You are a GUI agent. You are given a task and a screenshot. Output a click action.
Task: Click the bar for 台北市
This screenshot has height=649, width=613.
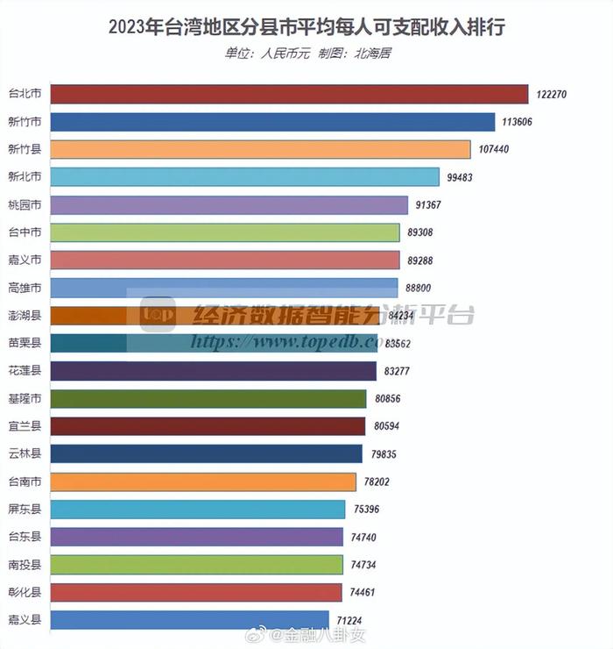point(289,95)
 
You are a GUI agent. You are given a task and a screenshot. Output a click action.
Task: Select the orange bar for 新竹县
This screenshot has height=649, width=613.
point(260,149)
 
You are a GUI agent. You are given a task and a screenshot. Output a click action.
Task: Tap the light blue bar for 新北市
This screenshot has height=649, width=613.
point(245,177)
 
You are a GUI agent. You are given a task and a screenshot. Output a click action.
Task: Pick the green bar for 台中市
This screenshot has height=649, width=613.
point(225,232)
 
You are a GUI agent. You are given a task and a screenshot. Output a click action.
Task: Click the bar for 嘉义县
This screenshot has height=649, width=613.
point(189,620)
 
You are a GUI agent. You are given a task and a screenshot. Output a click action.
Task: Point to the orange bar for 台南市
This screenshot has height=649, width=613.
point(203,481)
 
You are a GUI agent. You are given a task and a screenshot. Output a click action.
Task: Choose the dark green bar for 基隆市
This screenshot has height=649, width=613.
point(208,399)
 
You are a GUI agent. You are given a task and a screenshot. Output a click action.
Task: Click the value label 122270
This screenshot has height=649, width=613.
point(554,95)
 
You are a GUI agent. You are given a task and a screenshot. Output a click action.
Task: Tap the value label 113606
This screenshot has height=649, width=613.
point(520,122)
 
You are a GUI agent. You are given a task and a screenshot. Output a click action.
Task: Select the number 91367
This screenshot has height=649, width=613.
point(433,205)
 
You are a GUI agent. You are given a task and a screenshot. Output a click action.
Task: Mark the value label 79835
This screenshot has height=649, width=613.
point(387,454)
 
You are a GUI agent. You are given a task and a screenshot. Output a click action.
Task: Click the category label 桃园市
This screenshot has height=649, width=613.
point(24,204)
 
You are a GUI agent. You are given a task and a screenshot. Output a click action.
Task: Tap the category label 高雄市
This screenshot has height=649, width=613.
point(24,288)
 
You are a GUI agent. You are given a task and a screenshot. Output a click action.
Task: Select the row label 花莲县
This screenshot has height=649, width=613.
point(24,371)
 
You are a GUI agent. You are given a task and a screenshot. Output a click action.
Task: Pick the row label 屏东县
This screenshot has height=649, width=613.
point(24,510)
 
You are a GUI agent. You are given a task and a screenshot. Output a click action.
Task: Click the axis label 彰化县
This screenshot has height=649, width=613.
point(24,592)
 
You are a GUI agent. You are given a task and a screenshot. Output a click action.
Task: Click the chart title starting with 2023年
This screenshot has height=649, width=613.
point(306,27)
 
